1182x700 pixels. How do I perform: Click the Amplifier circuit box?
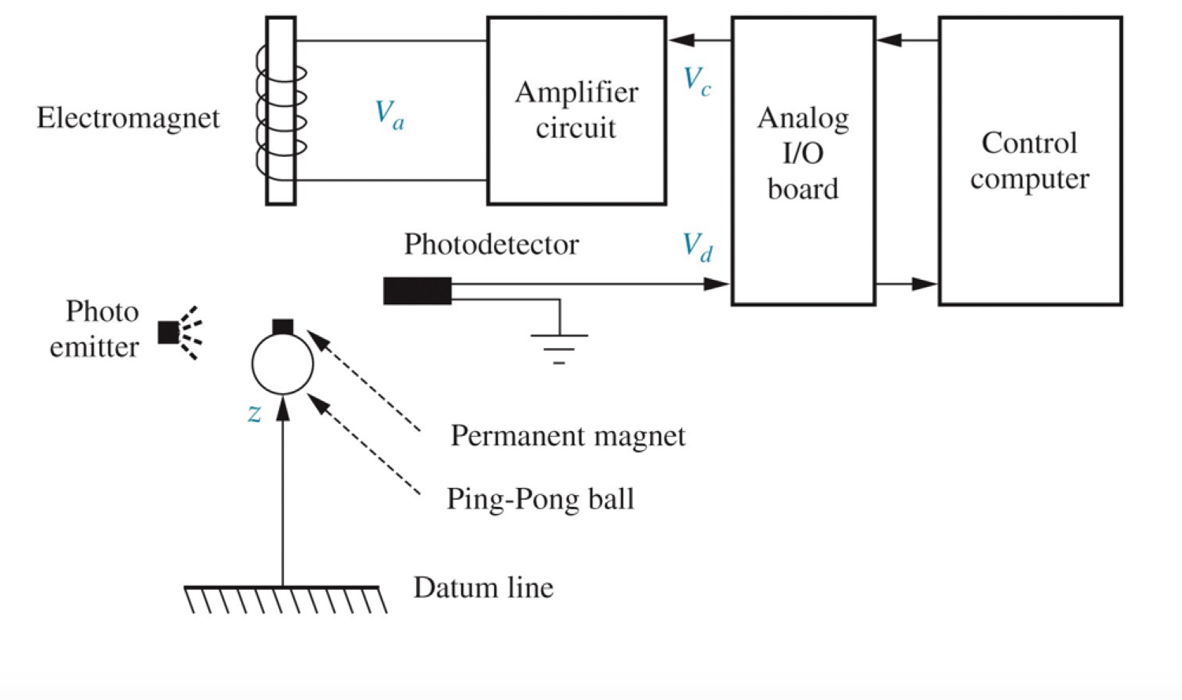(x=576, y=110)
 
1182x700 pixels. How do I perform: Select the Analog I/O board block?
(x=802, y=160)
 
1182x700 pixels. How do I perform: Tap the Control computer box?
(x=1029, y=160)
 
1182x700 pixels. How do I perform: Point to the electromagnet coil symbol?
(x=281, y=110)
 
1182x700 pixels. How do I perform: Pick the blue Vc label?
(x=697, y=80)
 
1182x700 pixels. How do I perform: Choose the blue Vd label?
(x=697, y=247)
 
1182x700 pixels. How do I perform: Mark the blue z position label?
(x=254, y=412)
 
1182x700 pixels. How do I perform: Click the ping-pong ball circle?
(x=282, y=364)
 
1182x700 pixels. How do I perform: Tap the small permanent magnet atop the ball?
(x=282, y=326)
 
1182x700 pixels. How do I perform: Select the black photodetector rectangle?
(x=417, y=291)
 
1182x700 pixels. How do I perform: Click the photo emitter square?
(x=168, y=333)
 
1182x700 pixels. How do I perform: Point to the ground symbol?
(x=559, y=345)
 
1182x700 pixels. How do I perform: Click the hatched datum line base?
(x=284, y=599)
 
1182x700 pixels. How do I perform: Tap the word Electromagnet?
(x=128, y=118)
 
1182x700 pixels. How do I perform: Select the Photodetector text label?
(x=491, y=244)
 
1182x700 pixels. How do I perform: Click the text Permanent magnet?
(x=567, y=436)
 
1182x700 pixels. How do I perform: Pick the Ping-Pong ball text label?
(x=540, y=499)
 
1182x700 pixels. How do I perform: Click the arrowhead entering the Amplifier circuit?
(x=682, y=40)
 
